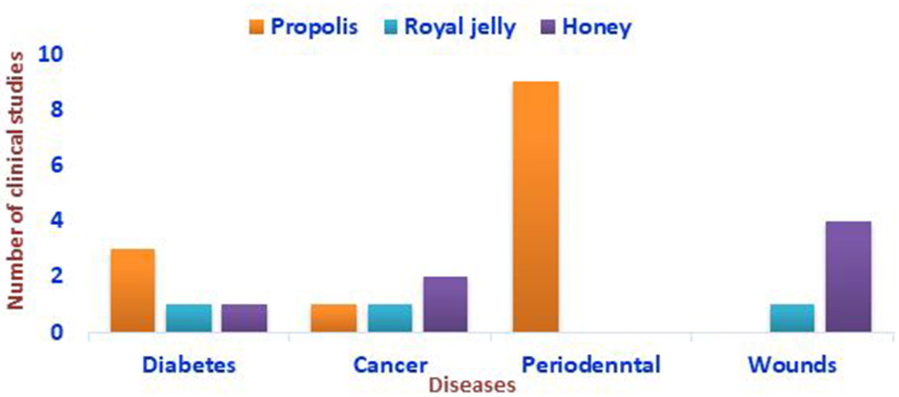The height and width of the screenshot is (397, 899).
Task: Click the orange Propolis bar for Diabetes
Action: [x=133, y=290]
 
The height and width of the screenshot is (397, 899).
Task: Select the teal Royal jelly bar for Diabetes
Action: [x=189, y=318]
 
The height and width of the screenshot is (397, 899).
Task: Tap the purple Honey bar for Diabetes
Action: [x=244, y=318]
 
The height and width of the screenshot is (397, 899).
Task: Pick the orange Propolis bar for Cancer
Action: [x=334, y=318]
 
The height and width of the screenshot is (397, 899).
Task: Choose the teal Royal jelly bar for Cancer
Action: [x=390, y=318]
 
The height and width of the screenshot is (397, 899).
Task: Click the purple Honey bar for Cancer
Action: [x=445, y=304]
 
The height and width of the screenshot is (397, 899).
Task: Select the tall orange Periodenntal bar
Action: [x=536, y=207]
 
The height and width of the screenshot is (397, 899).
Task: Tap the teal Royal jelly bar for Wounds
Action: [x=792, y=318]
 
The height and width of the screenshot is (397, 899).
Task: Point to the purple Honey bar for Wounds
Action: [x=848, y=277]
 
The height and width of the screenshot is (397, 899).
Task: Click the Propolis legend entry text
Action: [x=314, y=27]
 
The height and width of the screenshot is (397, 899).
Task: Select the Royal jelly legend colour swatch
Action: [x=391, y=27]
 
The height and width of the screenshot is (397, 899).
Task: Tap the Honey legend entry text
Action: [x=597, y=27]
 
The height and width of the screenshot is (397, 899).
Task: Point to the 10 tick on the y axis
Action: [x=51, y=55]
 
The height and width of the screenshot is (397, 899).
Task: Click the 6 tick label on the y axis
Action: [x=56, y=166]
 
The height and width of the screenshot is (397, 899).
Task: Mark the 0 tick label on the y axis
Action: [x=56, y=332]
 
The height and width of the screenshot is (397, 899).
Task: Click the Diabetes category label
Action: [x=189, y=365]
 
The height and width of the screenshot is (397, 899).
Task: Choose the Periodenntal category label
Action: [x=591, y=365]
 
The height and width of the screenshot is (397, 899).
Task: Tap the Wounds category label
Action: [x=792, y=365]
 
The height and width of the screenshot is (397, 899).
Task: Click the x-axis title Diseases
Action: [x=473, y=386]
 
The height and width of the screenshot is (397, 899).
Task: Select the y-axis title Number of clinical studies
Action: [x=15, y=181]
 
